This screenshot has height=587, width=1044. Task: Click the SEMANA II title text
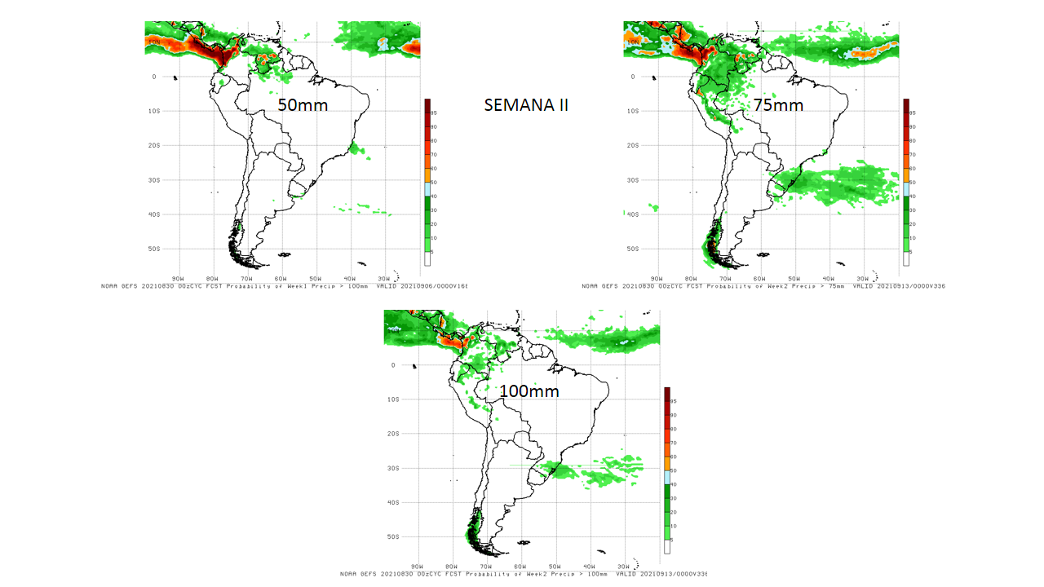point(526,105)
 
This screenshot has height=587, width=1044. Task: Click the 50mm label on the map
point(303,105)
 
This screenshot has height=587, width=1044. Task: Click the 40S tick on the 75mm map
point(630,214)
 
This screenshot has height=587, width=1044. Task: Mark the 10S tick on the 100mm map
point(393,399)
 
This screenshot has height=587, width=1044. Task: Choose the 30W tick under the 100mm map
point(623,566)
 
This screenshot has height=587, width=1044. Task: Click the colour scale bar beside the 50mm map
point(427,183)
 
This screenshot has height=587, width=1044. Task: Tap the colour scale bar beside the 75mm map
point(906,183)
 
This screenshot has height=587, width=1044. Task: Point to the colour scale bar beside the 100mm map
point(667,470)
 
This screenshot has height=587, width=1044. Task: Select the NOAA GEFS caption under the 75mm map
point(763,286)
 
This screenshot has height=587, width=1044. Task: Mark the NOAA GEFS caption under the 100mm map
point(523,574)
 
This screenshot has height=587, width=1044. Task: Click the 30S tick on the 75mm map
point(630,180)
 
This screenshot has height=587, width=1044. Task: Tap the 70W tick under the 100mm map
point(485,566)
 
